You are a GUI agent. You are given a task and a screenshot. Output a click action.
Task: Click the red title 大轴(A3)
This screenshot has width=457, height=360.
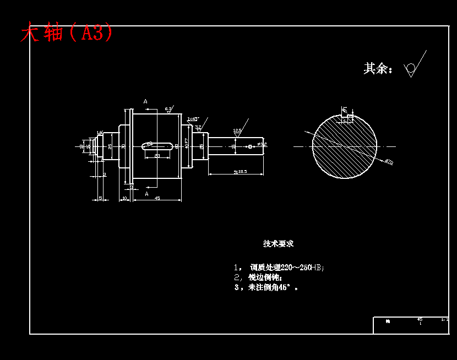[x=67, y=33]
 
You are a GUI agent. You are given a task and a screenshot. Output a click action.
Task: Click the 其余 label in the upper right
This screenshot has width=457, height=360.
[x=378, y=69]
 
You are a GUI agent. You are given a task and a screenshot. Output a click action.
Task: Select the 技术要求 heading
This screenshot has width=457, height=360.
[x=278, y=243]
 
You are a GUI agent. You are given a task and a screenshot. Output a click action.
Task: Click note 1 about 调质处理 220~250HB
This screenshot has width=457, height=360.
[x=280, y=268]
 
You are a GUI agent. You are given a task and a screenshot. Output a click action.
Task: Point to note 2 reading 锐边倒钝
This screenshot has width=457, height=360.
[x=259, y=277]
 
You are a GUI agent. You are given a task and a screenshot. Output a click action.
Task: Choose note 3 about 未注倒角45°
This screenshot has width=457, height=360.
[x=267, y=287]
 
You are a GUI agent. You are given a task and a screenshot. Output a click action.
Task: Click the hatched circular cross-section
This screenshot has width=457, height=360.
[x=345, y=146]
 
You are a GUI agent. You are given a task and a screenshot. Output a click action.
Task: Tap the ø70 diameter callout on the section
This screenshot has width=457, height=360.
[x=389, y=162]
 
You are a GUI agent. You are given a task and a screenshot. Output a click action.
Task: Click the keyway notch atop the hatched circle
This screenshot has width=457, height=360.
[x=347, y=117]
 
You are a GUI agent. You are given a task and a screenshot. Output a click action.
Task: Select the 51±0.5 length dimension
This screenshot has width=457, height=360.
[x=240, y=172]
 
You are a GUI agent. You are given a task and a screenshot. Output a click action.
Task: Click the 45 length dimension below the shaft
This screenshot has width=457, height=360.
[x=157, y=198]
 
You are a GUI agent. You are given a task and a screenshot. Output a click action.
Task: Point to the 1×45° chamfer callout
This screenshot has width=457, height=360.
[x=193, y=119]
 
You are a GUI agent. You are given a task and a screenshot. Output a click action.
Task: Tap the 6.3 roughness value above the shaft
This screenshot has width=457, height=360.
[x=168, y=108]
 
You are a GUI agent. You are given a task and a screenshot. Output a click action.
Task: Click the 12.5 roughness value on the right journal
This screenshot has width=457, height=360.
[x=237, y=131]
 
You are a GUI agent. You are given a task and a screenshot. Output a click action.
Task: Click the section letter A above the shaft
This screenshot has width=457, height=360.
[x=145, y=102]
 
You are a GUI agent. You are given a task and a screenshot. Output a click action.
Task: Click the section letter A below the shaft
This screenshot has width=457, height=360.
[x=147, y=194]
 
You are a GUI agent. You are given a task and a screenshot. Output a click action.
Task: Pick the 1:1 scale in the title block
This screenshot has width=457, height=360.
[x=444, y=319]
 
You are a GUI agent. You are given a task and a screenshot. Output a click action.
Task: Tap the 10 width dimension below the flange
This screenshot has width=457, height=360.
[x=124, y=198]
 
